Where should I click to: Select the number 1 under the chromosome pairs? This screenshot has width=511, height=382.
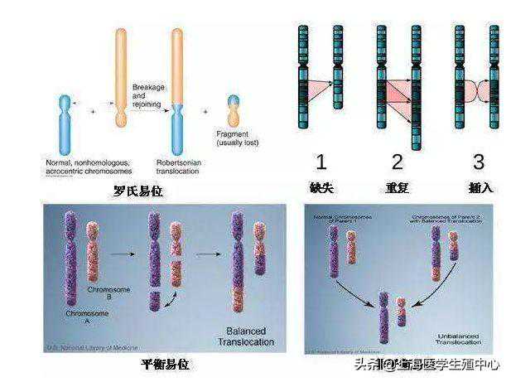(321, 161)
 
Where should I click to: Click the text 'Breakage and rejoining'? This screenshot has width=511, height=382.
(149, 99)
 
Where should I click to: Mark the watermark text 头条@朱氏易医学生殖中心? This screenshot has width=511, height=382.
(427, 365)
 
